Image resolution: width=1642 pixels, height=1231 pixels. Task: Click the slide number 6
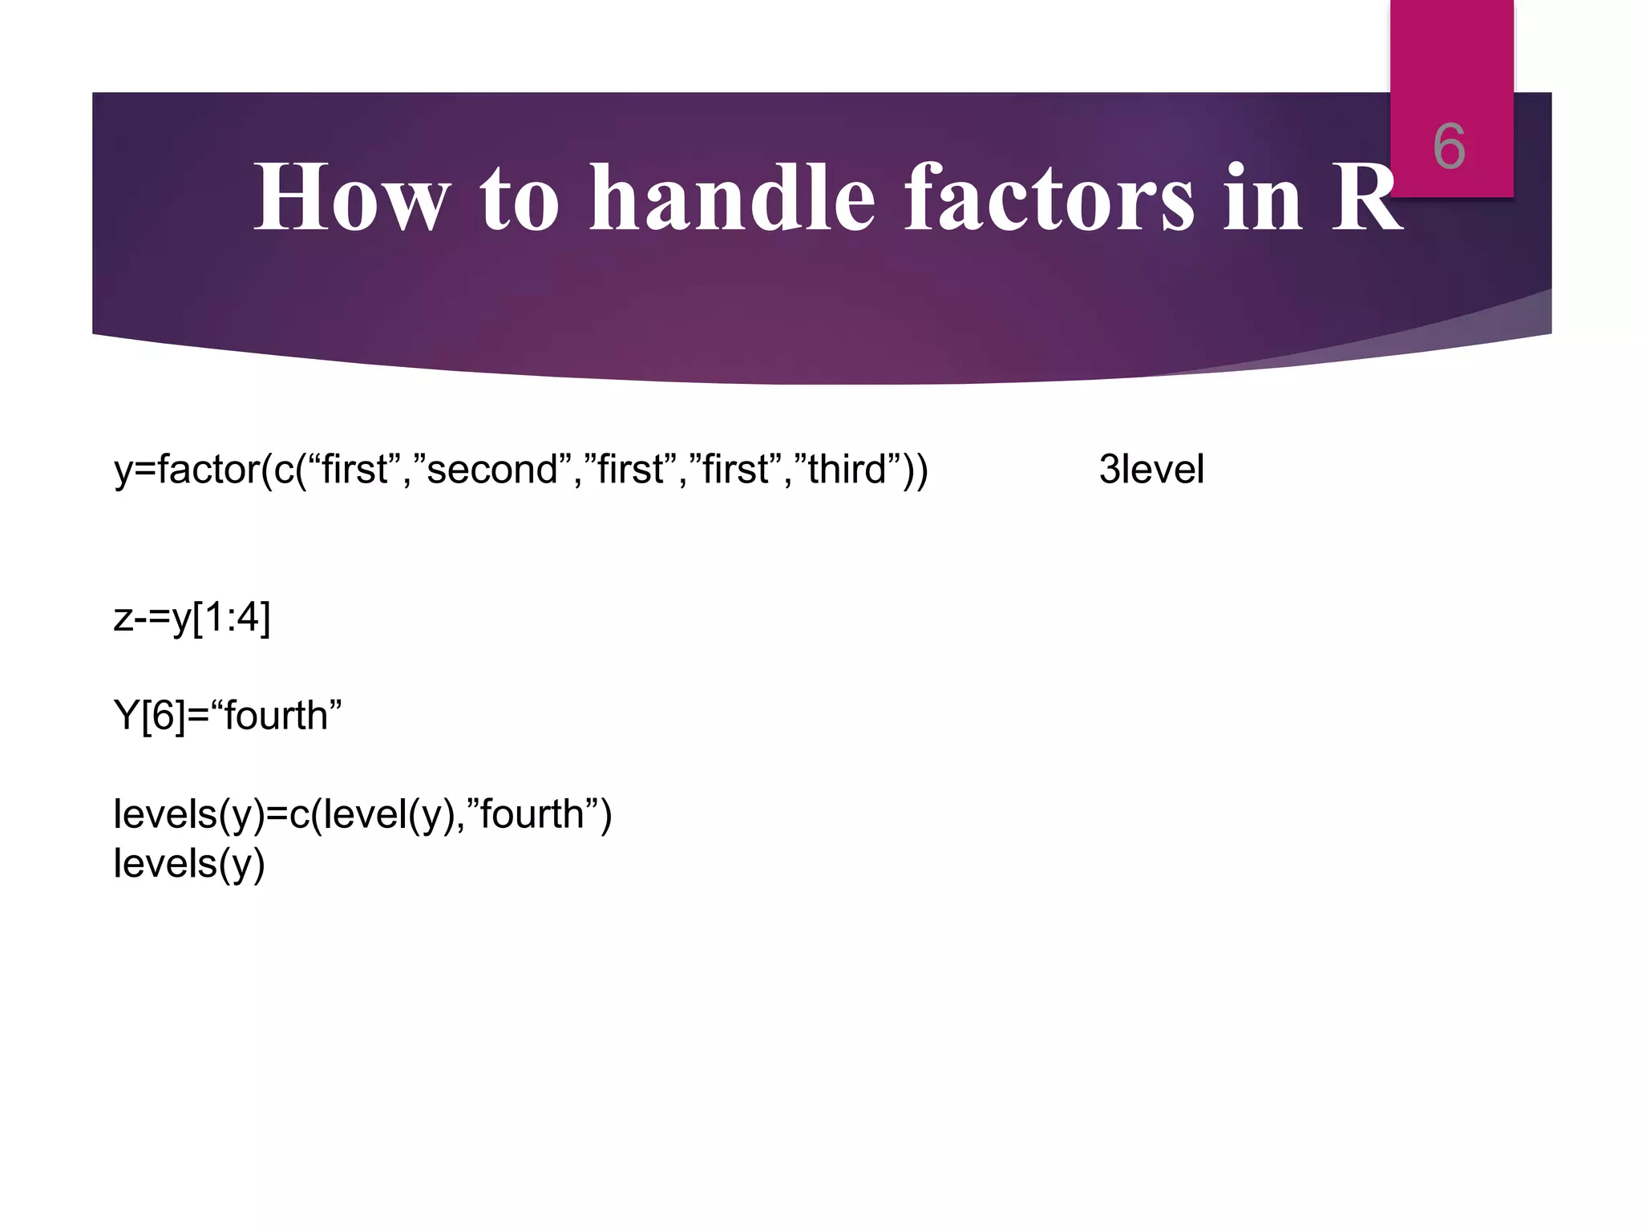(x=1449, y=147)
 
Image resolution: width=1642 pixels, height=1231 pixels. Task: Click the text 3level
(x=1151, y=470)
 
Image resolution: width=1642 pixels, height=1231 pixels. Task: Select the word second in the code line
(x=491, y=470)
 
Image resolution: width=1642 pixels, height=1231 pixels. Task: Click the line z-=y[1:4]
(x=192, y=618)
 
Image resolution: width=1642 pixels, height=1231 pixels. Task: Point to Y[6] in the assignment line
(x=149, y=716)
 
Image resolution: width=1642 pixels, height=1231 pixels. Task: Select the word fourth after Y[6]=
(x=277, y=716)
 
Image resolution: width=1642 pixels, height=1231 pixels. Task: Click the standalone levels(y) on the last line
(x=189, y=864)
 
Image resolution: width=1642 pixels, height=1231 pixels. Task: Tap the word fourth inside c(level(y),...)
(x=532, y=814)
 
